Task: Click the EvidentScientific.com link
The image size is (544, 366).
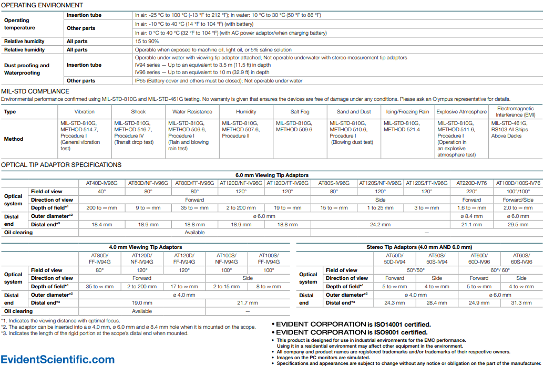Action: click(x=58, y=360)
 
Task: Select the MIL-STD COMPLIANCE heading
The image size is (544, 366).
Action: click(x=35, y=91)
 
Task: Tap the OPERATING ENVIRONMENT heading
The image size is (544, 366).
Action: click(x=42, y=5)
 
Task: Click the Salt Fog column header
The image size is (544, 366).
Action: click(x=300, y=112)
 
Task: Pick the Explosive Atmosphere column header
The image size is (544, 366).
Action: click(x=461, y=112)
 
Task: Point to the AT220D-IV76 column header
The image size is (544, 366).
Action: click(x=471, y=183)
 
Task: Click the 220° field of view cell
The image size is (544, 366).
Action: click(x=471, y=192)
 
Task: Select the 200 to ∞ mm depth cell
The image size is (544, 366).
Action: click(x=101, y=208)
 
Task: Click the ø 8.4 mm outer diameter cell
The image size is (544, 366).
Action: click(x=471, y=216)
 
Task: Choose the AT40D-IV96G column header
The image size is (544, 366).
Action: click(x=101, y=183)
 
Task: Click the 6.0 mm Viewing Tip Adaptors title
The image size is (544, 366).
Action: click(x=271, y=175)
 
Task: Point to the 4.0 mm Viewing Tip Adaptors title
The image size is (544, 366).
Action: click(x=145, y=247)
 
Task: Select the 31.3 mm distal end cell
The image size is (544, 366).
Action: click(x=521, y=303)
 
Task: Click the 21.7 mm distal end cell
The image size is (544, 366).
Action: click(x=247, y=303)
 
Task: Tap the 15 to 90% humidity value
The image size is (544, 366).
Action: click(x=147, y=41)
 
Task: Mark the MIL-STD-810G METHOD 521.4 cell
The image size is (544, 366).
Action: click(x=402, y=126)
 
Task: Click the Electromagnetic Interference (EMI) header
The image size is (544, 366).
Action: click(x=516, y=112)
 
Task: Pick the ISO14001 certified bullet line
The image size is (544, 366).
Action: click(x=353, y=325)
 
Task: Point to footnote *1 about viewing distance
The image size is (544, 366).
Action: click(x=60, y=320)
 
